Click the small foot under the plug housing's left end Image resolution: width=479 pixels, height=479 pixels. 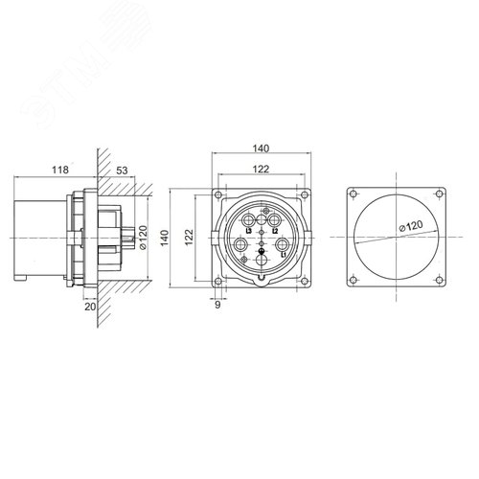tap(21, 279)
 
